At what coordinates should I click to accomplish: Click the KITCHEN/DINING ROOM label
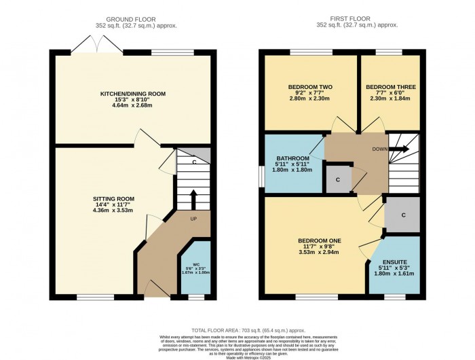tap(133, 94)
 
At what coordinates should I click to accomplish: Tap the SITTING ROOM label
tap(113, 199)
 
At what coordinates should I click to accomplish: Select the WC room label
tap(195, 263)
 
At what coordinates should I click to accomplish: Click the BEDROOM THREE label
tap(390, 87)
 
